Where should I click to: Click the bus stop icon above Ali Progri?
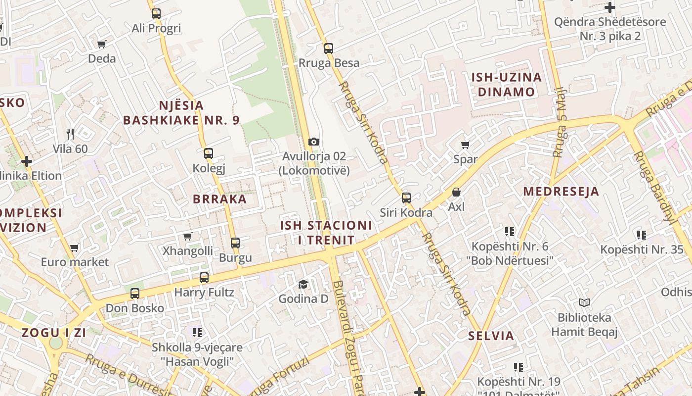click(x=156, y=14)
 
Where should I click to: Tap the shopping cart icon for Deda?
click(x=102, y=44)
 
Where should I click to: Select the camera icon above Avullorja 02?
click(x=313, y=142)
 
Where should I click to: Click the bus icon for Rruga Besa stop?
click(x=329, y=49)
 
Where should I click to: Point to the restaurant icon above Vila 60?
click(x=70, y=134)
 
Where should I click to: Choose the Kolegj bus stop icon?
click(x=209, y=153)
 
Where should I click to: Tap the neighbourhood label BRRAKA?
click(x=219, y=199)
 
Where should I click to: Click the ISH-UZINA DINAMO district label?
click(x=506, y=85)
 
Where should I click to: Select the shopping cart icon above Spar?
click(x=465, y=145)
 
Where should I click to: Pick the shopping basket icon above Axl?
click(x=456, y=192)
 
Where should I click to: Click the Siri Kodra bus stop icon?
click(x=406, y=198)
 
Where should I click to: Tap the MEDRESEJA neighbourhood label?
click(x=561, y=191)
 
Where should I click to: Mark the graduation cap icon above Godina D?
click(x=303, y=284)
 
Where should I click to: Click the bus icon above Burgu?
click(x=235, y=243)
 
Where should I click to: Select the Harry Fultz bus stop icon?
click(x=204, y=278)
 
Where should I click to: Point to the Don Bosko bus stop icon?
click(x=135, y=294)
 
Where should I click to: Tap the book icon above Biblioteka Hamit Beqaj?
click(x=584, y=302)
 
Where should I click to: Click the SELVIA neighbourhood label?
click(x=491, y=336)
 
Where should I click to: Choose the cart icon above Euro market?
click(x=75, y=247)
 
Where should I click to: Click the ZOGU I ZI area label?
click(x=54, y=333)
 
